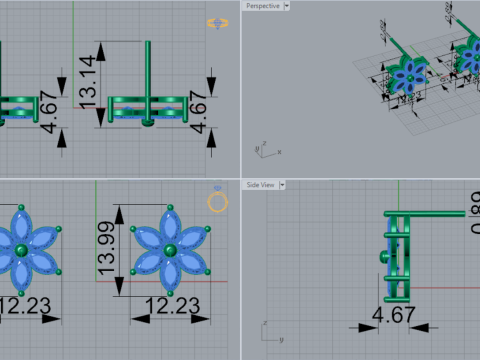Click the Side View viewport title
tap(261, 185)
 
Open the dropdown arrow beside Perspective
tap(287, 5)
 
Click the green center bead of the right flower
tap(171, 249)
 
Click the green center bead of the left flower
tap(21, 249)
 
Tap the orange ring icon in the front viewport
tap(218, 202)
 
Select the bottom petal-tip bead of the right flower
tap(171, 292)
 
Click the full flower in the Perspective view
tap(408, 78)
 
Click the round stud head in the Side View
tap(383, 257)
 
